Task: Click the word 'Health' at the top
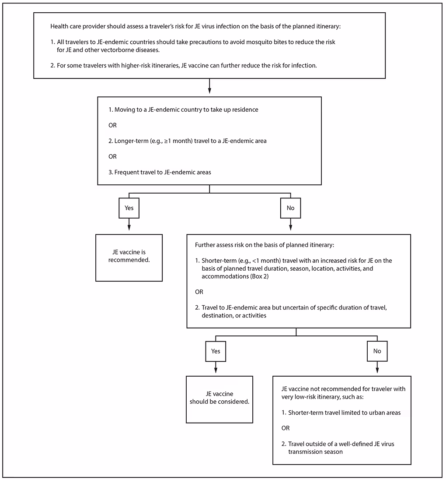point(60,26)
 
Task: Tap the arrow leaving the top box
point(209,87)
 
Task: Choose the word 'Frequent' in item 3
point(127,172)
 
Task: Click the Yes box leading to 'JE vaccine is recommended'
point(129,208)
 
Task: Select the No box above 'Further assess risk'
point(290,208)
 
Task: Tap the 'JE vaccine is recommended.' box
point(129,258)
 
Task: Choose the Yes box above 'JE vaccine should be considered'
point(216,351)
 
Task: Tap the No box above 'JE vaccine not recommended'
point(377,351)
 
